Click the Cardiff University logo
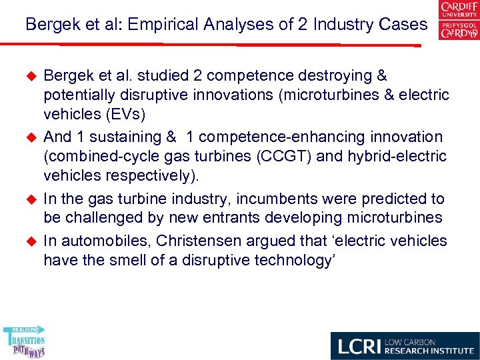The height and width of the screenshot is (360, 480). tap(459, 21)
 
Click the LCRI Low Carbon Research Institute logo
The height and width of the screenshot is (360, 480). tap(405, 345)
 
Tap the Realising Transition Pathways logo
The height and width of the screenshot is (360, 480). tap(24, 341)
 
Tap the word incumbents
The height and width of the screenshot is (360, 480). tap(262, 199)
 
